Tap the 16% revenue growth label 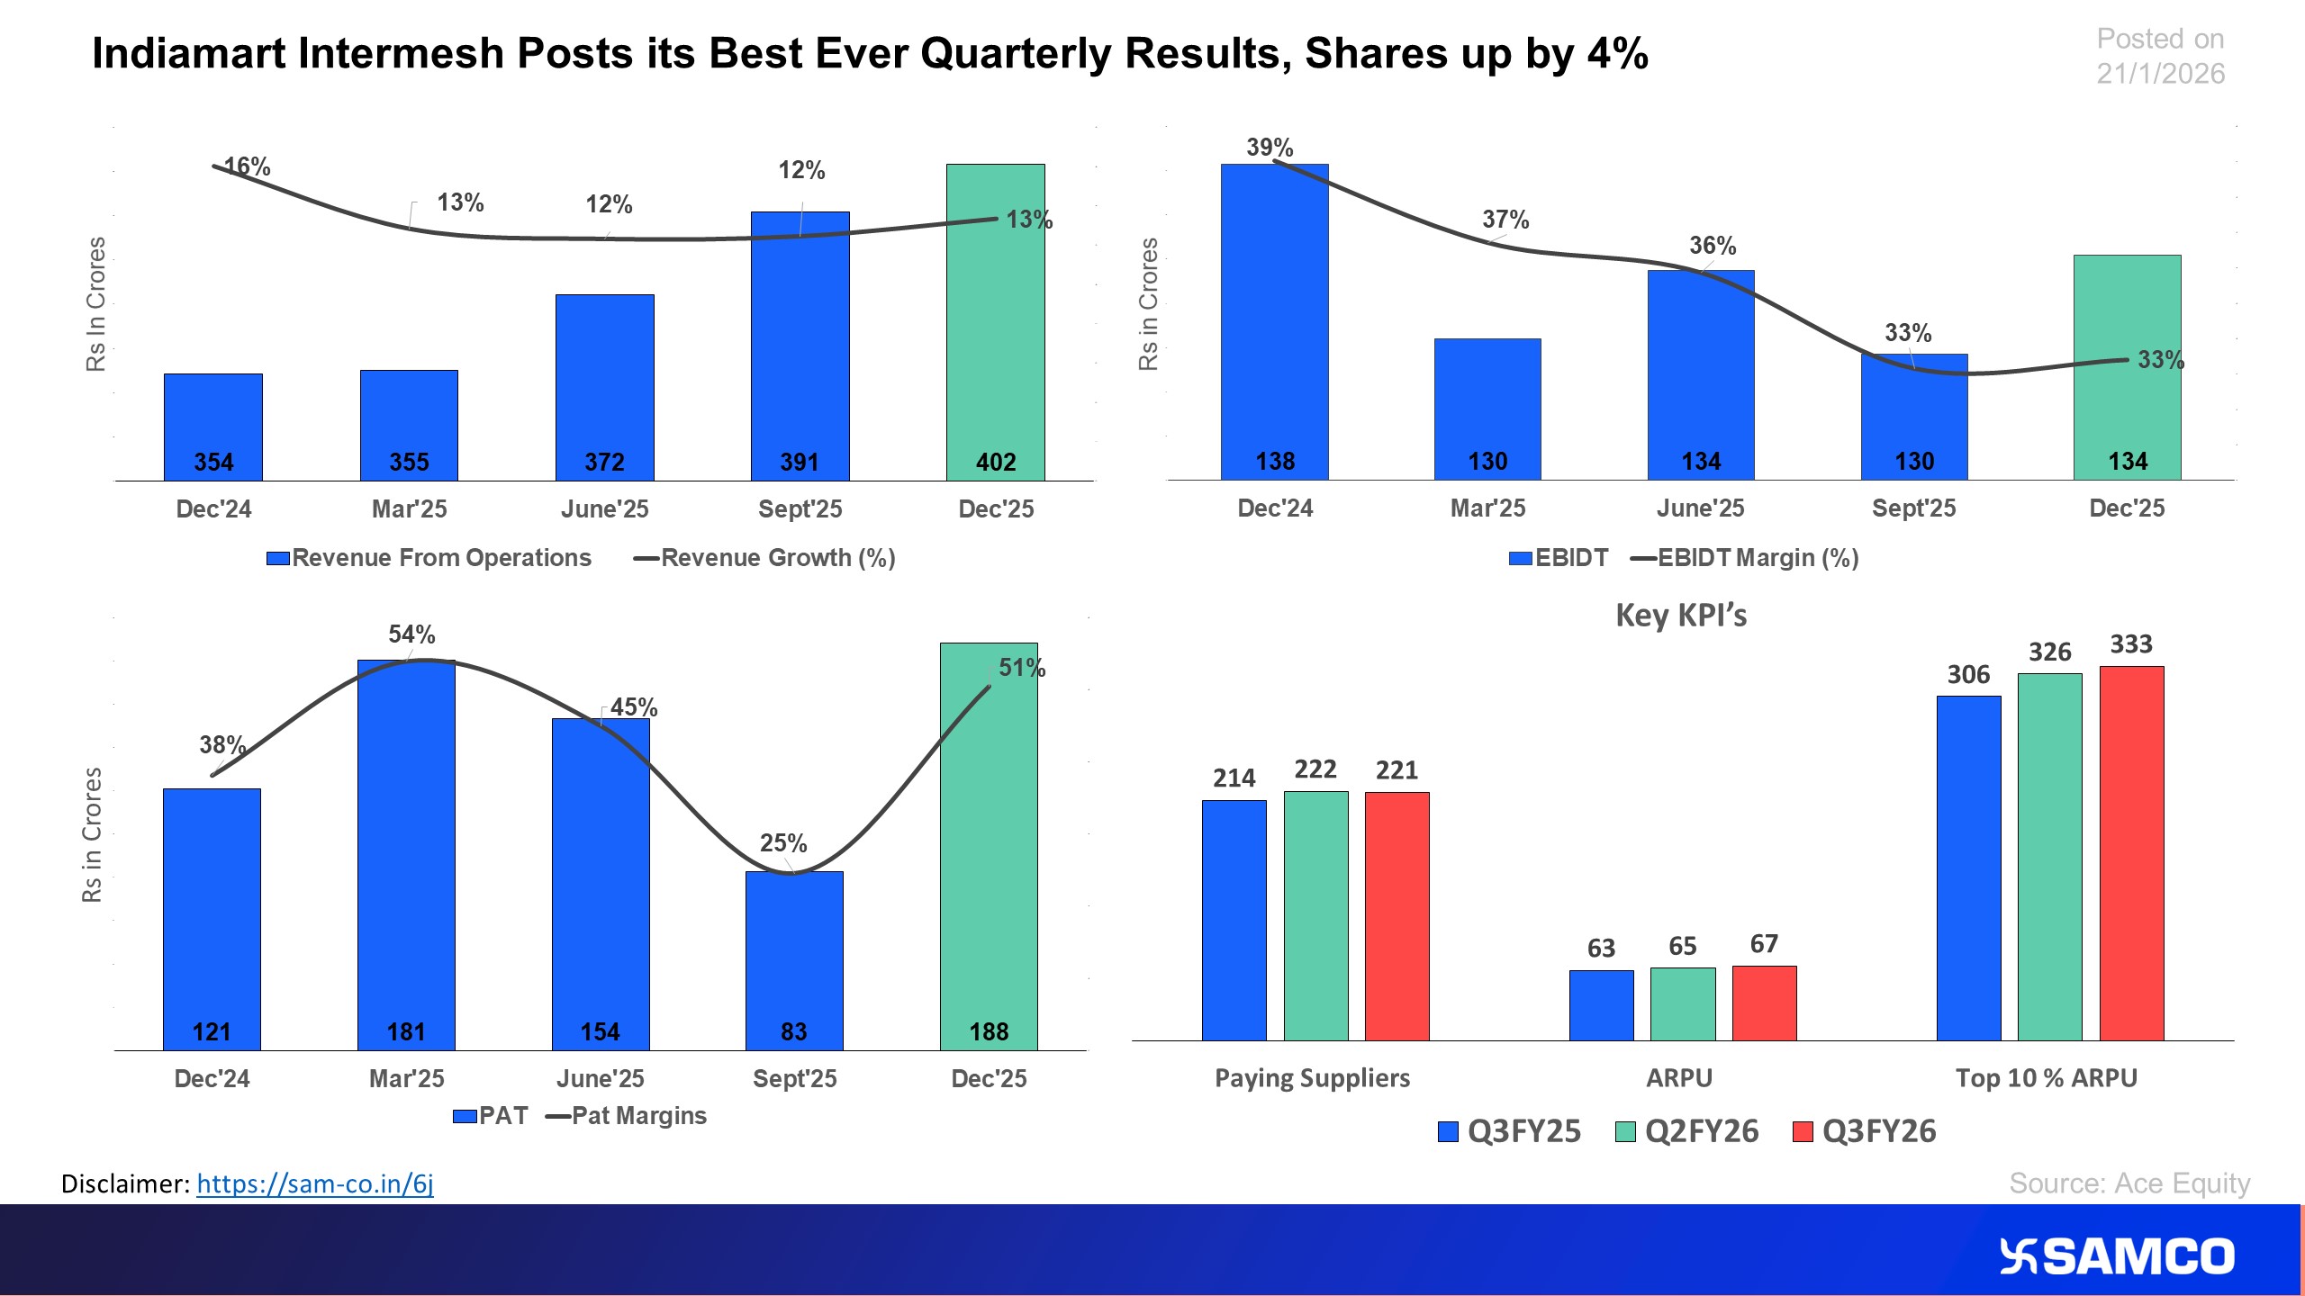click(x=247, y=166)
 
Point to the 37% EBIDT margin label click(x=1505, y=220)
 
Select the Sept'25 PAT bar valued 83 click(x=794, y=954)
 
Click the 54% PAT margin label click(x=411, y=634)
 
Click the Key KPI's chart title click(x=1680, y=616)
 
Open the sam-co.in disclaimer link click(x=314, y=1183)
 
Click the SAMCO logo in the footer click(x=2116, y=1256)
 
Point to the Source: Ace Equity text click(x=2129, y=1183)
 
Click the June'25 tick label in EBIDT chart click(x=1700, y=508)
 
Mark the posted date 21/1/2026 click(x=2159, y=74)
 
